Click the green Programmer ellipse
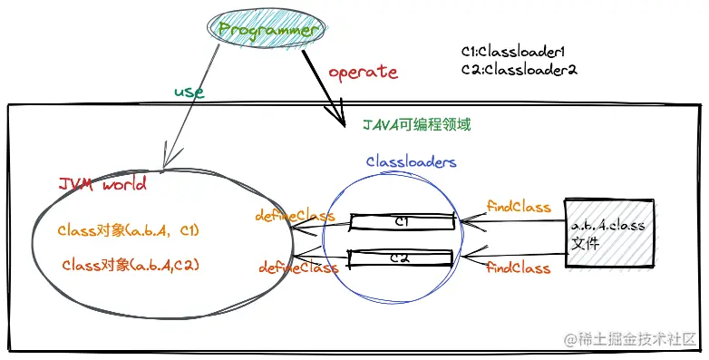click(268, 30)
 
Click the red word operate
click(362, 71)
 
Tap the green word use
click(189, 92)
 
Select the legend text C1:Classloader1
click(519, 52)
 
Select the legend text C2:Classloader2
click(519, 69)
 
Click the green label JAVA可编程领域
click(416, 124)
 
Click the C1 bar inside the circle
click(403, 220)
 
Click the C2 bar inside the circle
click(403, 258)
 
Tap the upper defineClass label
click(296, 217)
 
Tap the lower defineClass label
click(298, 268)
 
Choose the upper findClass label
click(519, 207)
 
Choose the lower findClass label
click(519, 268)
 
